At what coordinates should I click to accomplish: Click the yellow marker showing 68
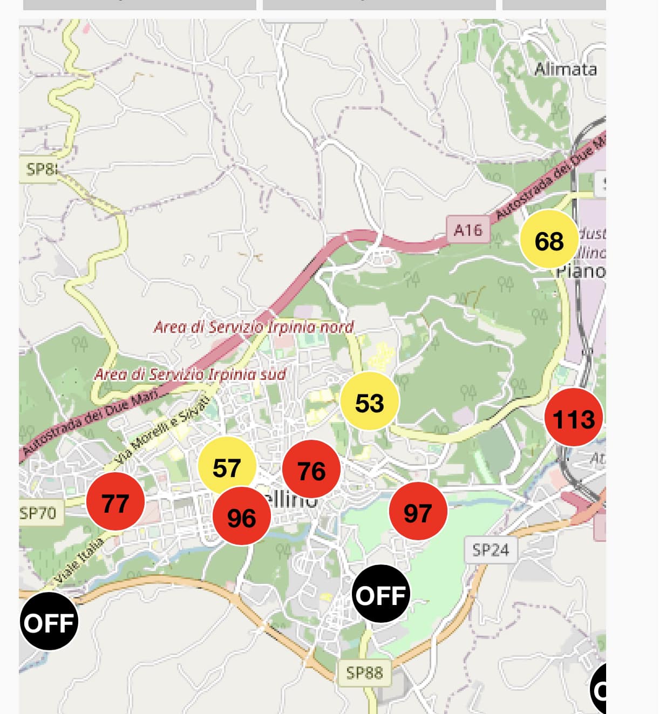pyautogui.click(x=549, y=239)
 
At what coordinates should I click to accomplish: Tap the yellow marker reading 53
pyautogui.click(x=370, y=402)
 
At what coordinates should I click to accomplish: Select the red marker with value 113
pyautogui.click(x=573, y=417)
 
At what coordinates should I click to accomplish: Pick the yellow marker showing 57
pyautogui.click(x=226, y=465)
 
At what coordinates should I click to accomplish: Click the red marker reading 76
pyautogui.click(x=311, y=470)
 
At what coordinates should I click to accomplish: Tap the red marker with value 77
pyautogui.click(x=115, y=502)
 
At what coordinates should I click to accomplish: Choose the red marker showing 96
pyautogui.click(x=241, y=516)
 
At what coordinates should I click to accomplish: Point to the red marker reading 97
pyautogui.click(x=418, y=512)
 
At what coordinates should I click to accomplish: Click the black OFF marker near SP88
pyautogui.click(x=381, y=594)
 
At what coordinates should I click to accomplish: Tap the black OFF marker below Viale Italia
pyautogui.click(x=49, y=622)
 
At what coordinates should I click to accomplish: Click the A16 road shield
pyautogui.click(x=467, y=230)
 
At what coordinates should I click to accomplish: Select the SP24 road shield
pyautogui.click(x=490, y=550)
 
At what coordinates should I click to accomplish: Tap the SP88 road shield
pyautogui.click(x=364, y=672)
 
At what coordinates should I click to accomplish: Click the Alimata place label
pyautogui.click(x=565, y=69)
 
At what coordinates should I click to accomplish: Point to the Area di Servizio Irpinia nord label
pyautogui.click(x=254, y=327)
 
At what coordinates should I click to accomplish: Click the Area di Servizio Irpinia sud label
pyautogui.click(x=190, y=374)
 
